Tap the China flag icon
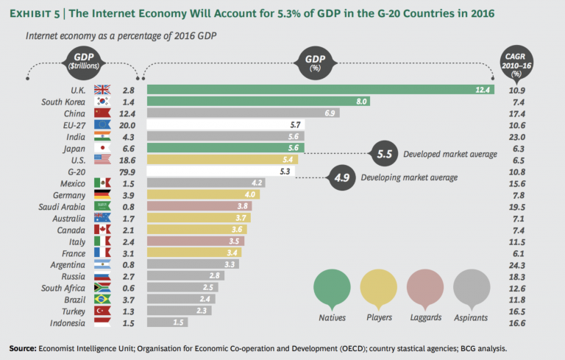click(102, 114)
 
